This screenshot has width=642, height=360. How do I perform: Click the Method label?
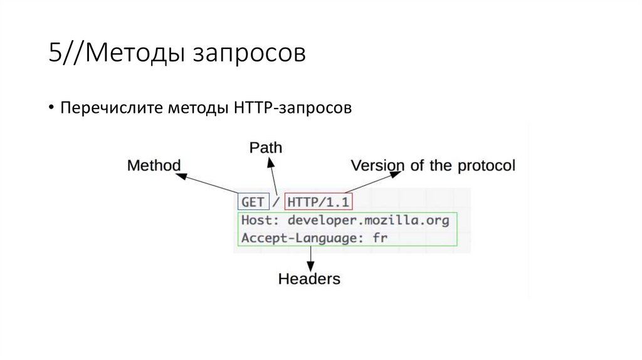154,166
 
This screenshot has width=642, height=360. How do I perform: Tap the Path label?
266,147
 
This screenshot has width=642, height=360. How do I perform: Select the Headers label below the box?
309,278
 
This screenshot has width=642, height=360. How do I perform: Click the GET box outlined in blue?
253,202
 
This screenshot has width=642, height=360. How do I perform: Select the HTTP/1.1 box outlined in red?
318,202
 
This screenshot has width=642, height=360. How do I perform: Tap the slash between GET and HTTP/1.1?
276,202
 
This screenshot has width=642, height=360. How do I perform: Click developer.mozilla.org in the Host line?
369,221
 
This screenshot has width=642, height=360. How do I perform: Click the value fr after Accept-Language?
381,238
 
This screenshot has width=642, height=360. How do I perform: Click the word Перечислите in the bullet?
110,109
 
